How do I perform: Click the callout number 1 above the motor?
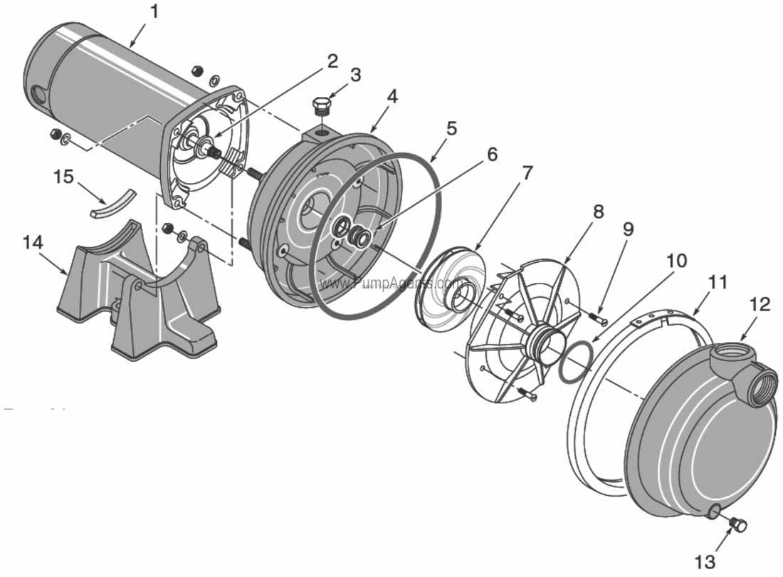[155, 12]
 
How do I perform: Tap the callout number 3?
[355, 74]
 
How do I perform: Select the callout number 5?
[451, 129]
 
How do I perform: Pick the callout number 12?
[760, 304]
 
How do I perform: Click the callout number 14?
[33, 242]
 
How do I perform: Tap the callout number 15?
[63, 176]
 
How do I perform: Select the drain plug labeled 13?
[737, 526]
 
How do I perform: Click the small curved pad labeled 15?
[112, 202]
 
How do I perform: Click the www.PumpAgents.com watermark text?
[391, 283]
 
